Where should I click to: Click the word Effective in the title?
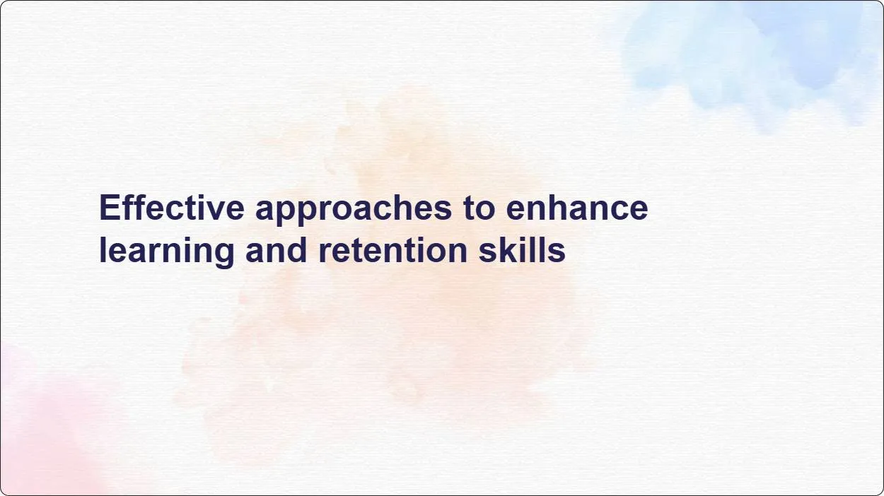pyautogui.click(x=172, y=208)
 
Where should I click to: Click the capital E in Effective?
pyautogui.click(x=108, y=208)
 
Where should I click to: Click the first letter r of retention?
pyautogui.click(x=324, y=252)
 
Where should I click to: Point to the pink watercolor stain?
pyautogui.click(x=42, y=431)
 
